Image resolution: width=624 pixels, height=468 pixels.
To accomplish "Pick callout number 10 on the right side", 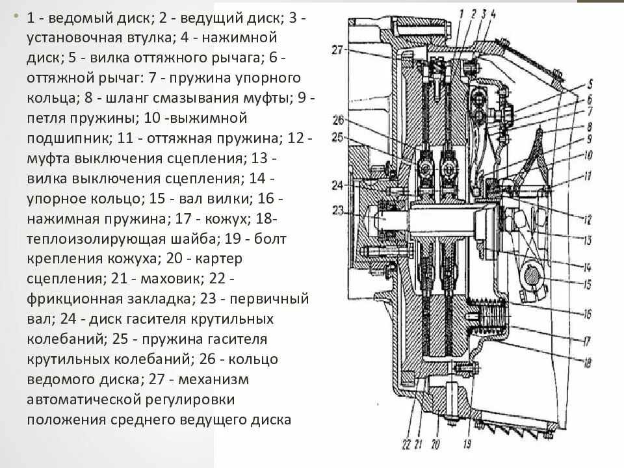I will coord(588,155).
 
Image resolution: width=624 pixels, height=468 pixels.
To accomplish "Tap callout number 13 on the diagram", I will coord(587,240).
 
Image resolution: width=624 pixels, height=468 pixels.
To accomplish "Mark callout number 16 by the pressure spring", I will coord(587,314).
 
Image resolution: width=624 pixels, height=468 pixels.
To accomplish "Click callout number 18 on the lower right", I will coord(587,363).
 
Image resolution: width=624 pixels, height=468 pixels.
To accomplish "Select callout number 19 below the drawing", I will coord(467,445).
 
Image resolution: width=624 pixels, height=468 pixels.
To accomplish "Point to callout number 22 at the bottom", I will coord(406,445).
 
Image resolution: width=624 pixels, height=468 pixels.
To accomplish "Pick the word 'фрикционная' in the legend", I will coord(67,298).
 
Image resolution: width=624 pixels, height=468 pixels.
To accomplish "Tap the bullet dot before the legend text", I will coord(16,18).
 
